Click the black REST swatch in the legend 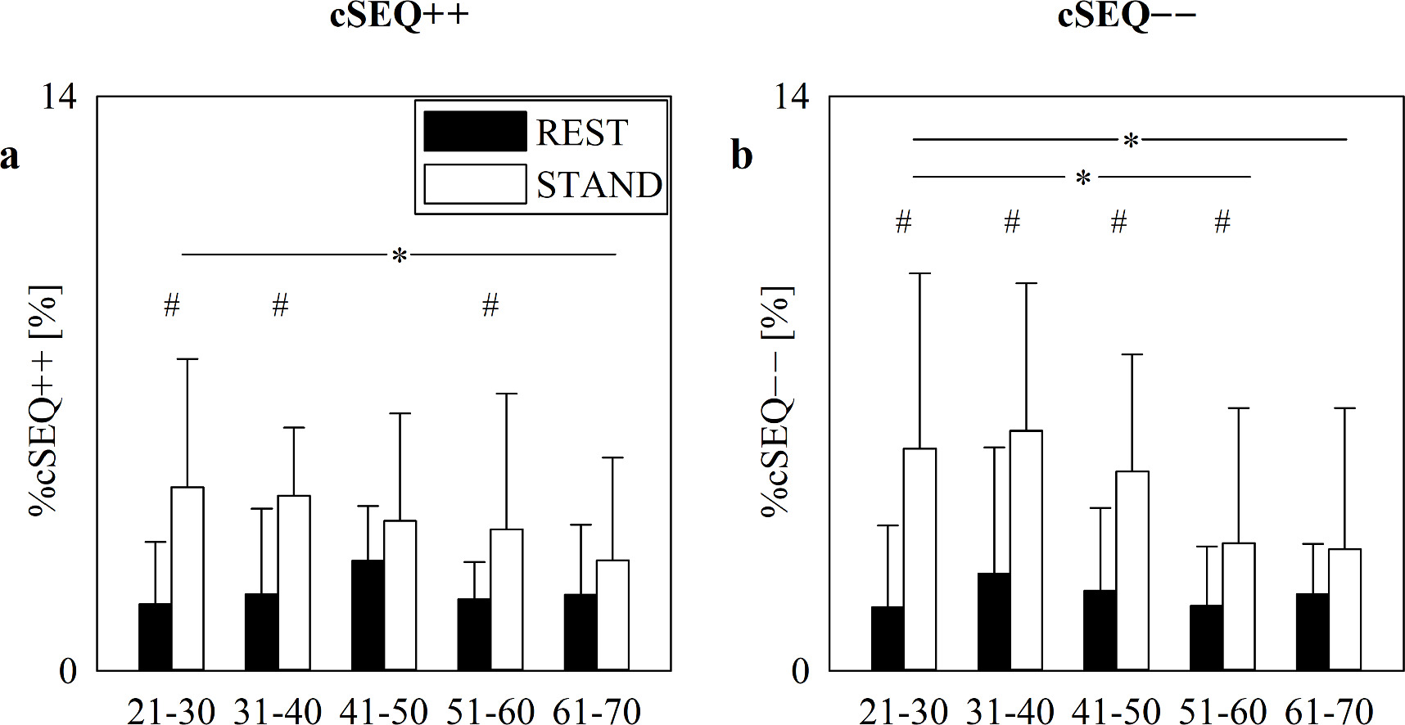click(x=474, y=132)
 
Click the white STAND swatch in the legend click(x=474, y=184)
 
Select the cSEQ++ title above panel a click(x=399, y=15)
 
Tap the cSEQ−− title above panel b click(x=1127, y=15)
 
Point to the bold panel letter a click(x=10, y=155)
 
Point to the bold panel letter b click(x=741, y=155)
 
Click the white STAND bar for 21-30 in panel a click(x=187, y=579)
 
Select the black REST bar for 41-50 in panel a click(x=368, y=615)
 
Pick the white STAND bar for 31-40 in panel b click(x=1026, y=550)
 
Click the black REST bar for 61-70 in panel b click(x=1312, y=632)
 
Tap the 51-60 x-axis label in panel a click(x=490, y=711)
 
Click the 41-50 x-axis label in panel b click(x=1115, y=711)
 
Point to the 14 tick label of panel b click(x=791, y=97)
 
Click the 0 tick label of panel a click(x=68, y=672)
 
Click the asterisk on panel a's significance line click(x=399, y=256)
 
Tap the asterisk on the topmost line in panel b click(x=1131, y=142)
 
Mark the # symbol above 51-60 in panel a click(x=490, y=306)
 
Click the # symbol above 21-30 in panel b click(x=903, y=222)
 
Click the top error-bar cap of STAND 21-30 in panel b click(x=919, y=273)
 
